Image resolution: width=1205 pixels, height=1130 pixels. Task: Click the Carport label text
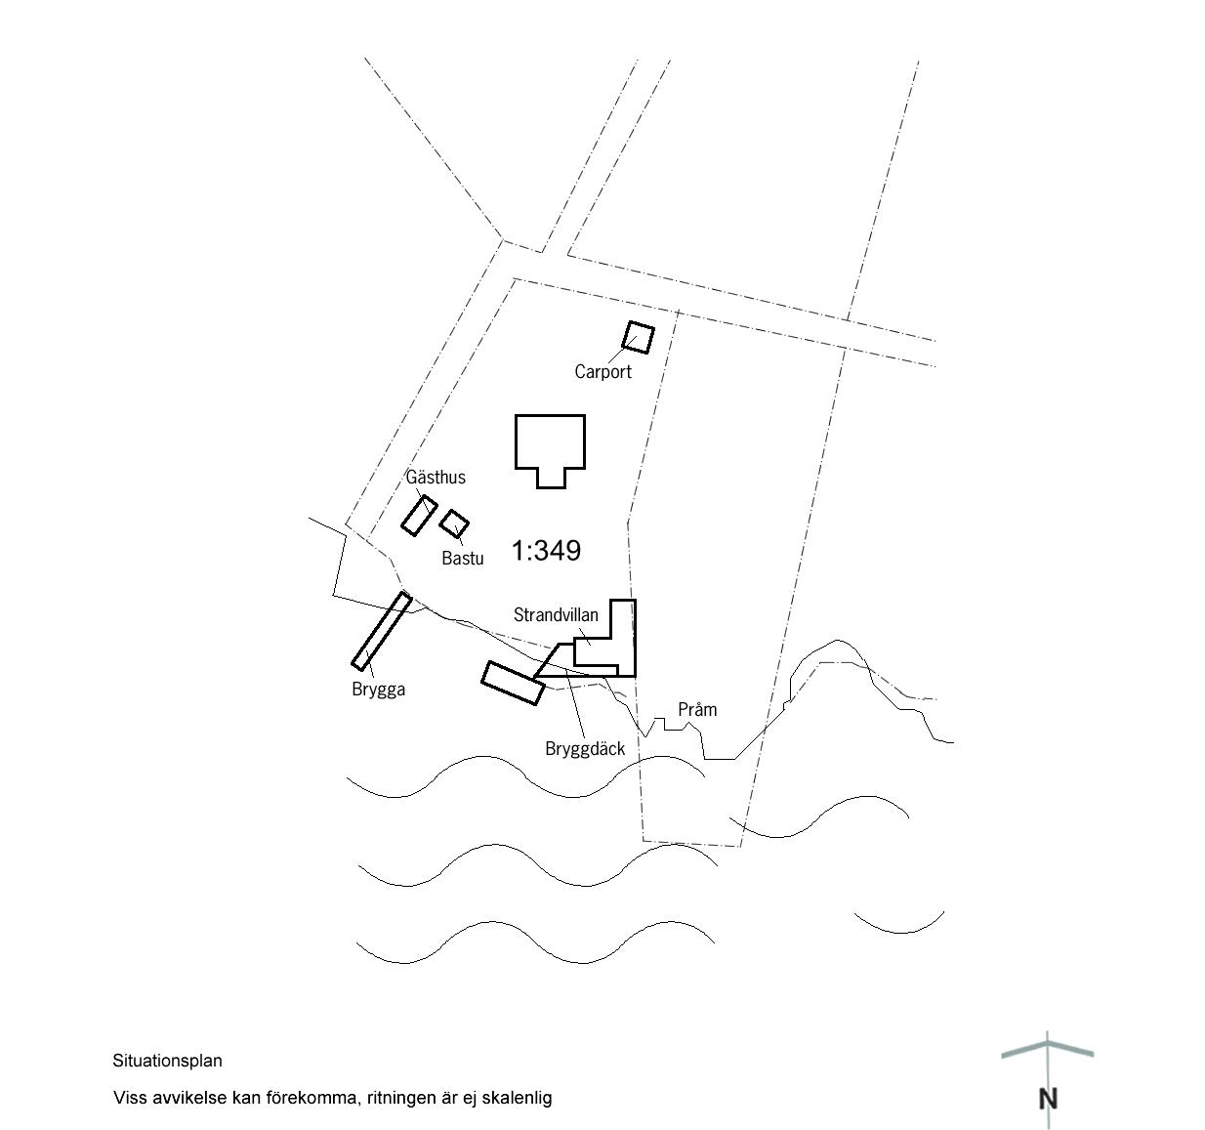pyautogui.click(x=602, y=371)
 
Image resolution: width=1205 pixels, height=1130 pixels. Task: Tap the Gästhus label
pyautogui.click(x=436, y=477)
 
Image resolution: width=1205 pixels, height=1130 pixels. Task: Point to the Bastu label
pyautogui.click(x=462, y=558)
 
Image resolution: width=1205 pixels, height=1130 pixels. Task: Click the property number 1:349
pyautogui.click(x=546, y=551)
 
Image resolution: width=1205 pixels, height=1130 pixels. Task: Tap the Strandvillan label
pyautogui.click(x=556, y=614)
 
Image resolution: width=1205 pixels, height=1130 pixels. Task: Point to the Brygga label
pyautogui.click(x=378, y=690)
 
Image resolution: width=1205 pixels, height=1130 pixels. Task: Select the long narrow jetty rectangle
pyautogui.click(x=382, y=631)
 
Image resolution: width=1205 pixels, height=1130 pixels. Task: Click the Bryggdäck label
pyautogui.click(x=585, y=749)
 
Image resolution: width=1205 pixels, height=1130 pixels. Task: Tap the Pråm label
pyautogui.click(x=697, y=709)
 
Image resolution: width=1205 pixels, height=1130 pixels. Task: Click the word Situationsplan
pyautogui.click(x=167, y=1061)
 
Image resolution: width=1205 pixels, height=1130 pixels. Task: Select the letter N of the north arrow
pyautogui.click(x=1048, y=1099)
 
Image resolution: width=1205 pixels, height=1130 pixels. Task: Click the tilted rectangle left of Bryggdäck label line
pyautogui.click(x=514, y=684)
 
